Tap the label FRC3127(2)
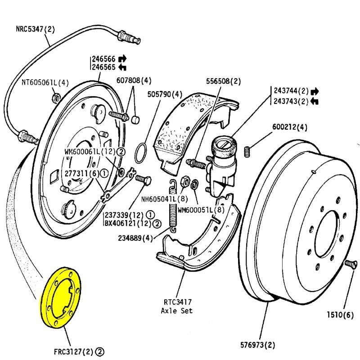67,351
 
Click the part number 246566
103,58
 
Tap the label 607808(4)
134,81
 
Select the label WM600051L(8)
200,210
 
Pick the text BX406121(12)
127,223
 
